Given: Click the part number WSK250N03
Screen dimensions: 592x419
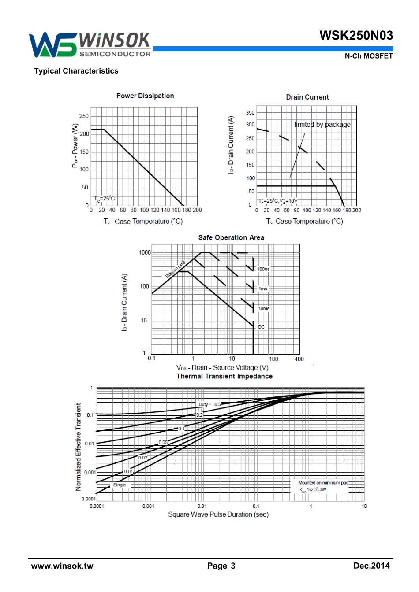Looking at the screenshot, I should pyautogui.click(x=356, y=36).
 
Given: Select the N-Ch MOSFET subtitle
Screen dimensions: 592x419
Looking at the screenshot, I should pyautogui.click(x=368, y=56).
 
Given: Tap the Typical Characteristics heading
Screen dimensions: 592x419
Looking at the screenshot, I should pyautogui.click(x=76, y=71).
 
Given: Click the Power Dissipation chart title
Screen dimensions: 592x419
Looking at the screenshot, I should pyautogui.click(x=145, y=96).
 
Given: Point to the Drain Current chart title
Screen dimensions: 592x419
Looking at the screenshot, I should pyautogui.click(x=307, y=97).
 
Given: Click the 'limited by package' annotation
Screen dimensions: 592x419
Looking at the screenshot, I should pyautogui.click(x=322, y=125).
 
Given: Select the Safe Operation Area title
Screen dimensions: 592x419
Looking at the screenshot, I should pyautogui.click(x=231, y=237).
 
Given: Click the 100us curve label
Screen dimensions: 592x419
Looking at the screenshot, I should pyautogui.click(x=263, y=269).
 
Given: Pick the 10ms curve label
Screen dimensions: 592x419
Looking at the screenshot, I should pyautogui.click(x=264, y=308).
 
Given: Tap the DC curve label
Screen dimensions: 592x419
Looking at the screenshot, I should pyautogui.click(x=262, y=327).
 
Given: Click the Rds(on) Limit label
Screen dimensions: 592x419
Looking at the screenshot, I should pyautogui.click(x=175, y=270).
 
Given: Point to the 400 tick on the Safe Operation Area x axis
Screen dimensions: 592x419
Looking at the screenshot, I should pyautogui.click(x=299, y=359).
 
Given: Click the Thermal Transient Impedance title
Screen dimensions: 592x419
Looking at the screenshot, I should pyautogui.click(x=224, y=376).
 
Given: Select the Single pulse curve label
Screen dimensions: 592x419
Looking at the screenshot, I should pyautogui.click(x=120, y=485).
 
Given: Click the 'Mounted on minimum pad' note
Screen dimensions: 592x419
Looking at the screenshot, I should pyautogui.click(x=323, y=483).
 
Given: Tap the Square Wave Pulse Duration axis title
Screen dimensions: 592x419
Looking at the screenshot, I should pyautogui.click(x=218, y=514).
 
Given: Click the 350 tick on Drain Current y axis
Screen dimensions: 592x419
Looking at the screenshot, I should pyautogui.click(x=250, y=113).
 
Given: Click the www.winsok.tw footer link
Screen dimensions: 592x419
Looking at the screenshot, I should pyautogui.click(x=62, y=566).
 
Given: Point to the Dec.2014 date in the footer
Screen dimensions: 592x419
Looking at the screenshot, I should pyautogui.click(x=371, y=566).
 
